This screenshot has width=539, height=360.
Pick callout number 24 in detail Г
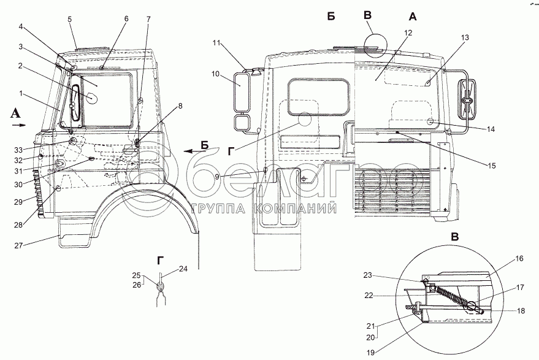point(183,267)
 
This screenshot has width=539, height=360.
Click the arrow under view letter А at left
point(18,124)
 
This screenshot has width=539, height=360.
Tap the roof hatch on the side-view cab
point(94,47)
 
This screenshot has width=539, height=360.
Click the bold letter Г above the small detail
point(160,261)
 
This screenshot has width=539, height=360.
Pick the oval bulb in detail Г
point(162,286)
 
